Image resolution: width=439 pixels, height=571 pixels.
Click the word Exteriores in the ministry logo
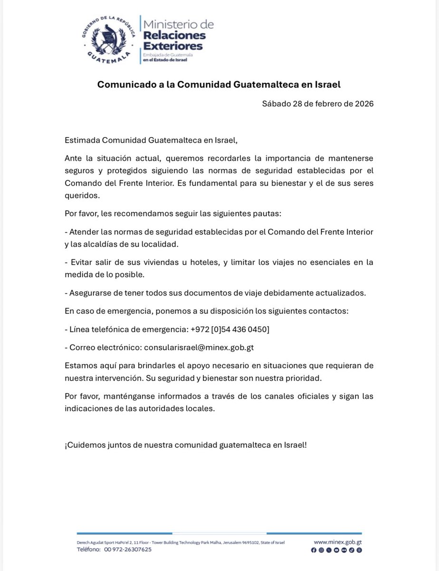pyautogui.click(x=172, y=46)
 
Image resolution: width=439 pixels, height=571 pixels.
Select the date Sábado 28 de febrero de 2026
pyautogui.click(x=317, y=104)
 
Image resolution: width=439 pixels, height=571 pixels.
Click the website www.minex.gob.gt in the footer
pyautogui.click(x=338, y=542)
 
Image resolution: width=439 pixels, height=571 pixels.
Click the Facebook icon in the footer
pyautogui.click(x=313, y=550)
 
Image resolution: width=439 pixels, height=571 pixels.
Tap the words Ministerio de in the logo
pyautogui.click(x=178, y=24)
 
